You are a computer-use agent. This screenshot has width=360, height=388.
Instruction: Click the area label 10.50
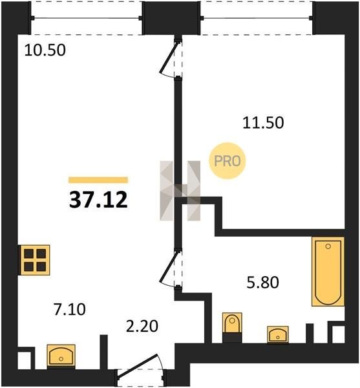[x=45, y=50]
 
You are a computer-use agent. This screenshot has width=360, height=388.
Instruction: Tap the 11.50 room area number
[x=263, y=123]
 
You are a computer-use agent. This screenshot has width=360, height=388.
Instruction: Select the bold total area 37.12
[x=98, y=200]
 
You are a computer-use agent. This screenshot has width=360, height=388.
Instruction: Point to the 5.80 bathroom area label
[x=263, y=283]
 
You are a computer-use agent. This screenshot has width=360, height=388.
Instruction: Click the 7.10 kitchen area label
[x=70, y=309]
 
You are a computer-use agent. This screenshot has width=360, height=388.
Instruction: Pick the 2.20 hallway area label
[x=142, y=326]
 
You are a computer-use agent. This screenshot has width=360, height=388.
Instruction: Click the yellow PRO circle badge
[x=228, y=161]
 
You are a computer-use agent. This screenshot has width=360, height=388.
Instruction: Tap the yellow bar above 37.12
[x=98, y=180]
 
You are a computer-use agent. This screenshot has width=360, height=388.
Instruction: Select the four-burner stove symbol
[x=35, y=260]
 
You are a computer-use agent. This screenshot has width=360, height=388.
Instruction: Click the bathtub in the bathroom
[x=328, y=272]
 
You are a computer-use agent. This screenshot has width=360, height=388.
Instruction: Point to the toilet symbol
[x=232, y=323]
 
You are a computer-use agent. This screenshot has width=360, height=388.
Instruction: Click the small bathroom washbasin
[x=278, y=334]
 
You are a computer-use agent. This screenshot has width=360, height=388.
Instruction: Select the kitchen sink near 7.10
[x=61, y=355]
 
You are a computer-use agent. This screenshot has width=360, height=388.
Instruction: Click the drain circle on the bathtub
[x=328, y=246]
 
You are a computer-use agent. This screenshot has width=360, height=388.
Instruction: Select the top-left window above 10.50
[x=87, y=18]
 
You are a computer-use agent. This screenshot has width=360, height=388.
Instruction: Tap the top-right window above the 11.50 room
[x=257, y=18]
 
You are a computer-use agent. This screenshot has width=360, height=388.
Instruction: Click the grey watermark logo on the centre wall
[x=180, y=191]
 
